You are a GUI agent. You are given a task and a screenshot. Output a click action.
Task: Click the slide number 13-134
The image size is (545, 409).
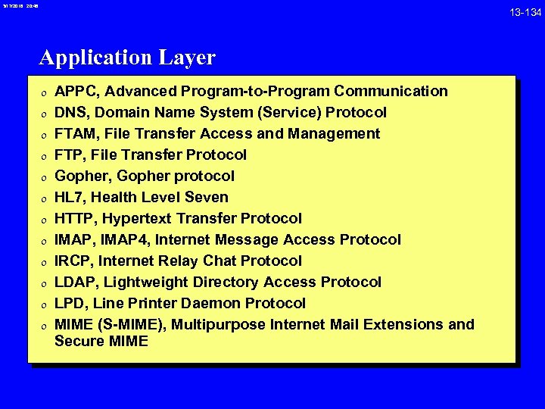[x=525, y=11]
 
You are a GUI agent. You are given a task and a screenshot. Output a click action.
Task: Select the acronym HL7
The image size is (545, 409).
[x=69, y=198]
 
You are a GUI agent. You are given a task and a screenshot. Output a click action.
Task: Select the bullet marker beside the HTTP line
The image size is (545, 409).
[x=43, y=220]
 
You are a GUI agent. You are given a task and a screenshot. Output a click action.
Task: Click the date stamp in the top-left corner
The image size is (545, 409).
[x=18, y=6]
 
